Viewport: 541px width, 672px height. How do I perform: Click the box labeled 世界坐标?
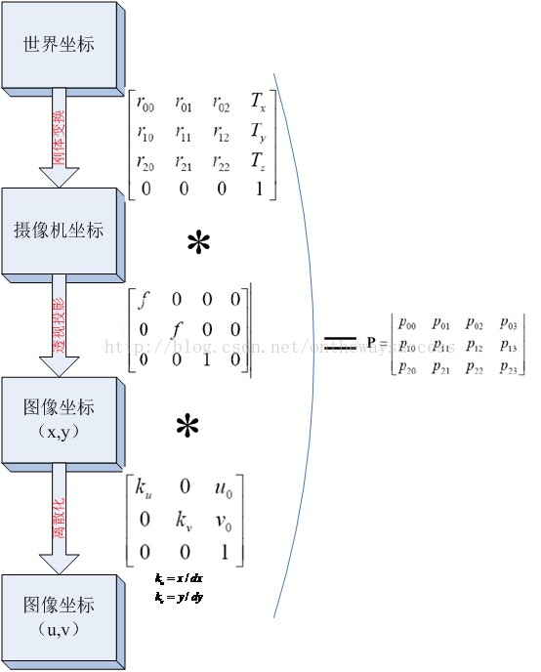tap(62, 45)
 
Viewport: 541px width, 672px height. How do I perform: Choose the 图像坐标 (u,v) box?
tap(62, 617)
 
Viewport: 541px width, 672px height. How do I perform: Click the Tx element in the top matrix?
tap(257, 102)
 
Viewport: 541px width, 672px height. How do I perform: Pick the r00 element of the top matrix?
tap(146, 102)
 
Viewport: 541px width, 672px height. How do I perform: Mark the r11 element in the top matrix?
tap(184, 132)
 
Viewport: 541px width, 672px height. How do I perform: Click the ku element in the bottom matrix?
tap(145, 485)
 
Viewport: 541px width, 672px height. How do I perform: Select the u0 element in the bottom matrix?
tap(224, 485)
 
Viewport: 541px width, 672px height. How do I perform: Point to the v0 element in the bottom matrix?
tap(224, 518)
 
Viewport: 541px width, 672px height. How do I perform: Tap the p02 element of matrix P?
tap(474, 323)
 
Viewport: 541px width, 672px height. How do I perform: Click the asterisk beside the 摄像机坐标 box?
tap(198, 243)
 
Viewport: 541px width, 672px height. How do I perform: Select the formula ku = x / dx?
tap(178, 578)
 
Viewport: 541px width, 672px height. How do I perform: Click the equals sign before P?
tap(340, 341)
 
